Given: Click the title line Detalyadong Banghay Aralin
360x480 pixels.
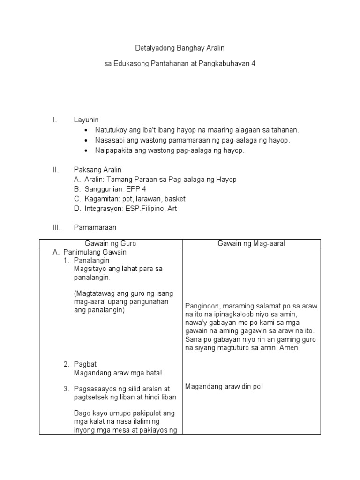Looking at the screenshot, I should tap(180, 48).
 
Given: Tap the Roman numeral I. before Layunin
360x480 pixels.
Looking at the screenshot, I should tap(55, 120).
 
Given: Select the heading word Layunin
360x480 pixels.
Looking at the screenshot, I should tap(86, 120).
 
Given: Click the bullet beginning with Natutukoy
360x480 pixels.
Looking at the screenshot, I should tap(197, 130).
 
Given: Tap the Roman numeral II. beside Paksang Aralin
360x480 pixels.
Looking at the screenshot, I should tap(56, 169).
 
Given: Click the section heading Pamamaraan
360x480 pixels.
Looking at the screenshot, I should tap(95, 227).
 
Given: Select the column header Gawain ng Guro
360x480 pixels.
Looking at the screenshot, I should tap(110, 243).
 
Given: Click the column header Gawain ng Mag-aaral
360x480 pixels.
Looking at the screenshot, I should tap(251, 243).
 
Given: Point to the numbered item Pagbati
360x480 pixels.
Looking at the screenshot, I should tap(86, 364).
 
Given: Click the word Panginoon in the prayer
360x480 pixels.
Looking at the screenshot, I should tap(202, 306).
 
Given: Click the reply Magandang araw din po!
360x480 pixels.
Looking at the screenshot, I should tap(224, 386).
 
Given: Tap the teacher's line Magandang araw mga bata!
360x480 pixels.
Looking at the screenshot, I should tap(118, 373).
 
